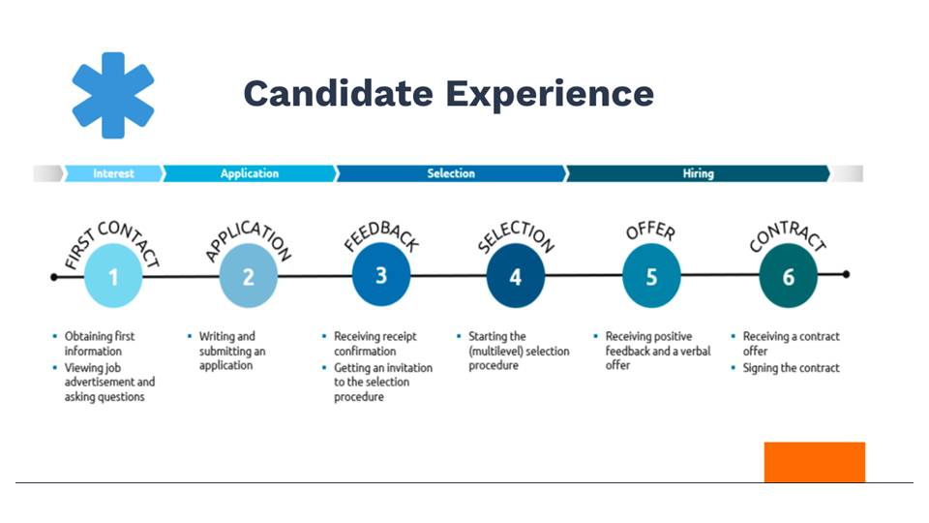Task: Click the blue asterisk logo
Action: click(x=113, y=96)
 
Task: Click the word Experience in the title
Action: click(x=550, y=94)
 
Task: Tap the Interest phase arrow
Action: click(x=113, y=173)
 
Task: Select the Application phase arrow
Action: click(x=250, y=173)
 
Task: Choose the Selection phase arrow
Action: click(x=452, y=173)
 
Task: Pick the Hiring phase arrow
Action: click(x=698, y=173)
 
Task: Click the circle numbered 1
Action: click(x=113, y=277)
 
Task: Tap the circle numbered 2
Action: click(x=249, y=277)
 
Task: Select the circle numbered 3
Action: click(x=381, y=276)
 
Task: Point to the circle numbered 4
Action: click(x=516, y=277)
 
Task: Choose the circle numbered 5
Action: click(x=651, y=277)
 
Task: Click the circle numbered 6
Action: click(x=788, y=277)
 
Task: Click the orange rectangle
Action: click(x=815, y=462)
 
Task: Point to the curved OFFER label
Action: click(x=651, y=231)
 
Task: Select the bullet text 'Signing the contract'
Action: click(x=791, y=368)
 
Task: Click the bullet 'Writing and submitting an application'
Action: click(x=231, y=351)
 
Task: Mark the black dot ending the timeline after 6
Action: click(x=846, y=274)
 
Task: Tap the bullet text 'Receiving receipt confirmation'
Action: click(x=375, y=343)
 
